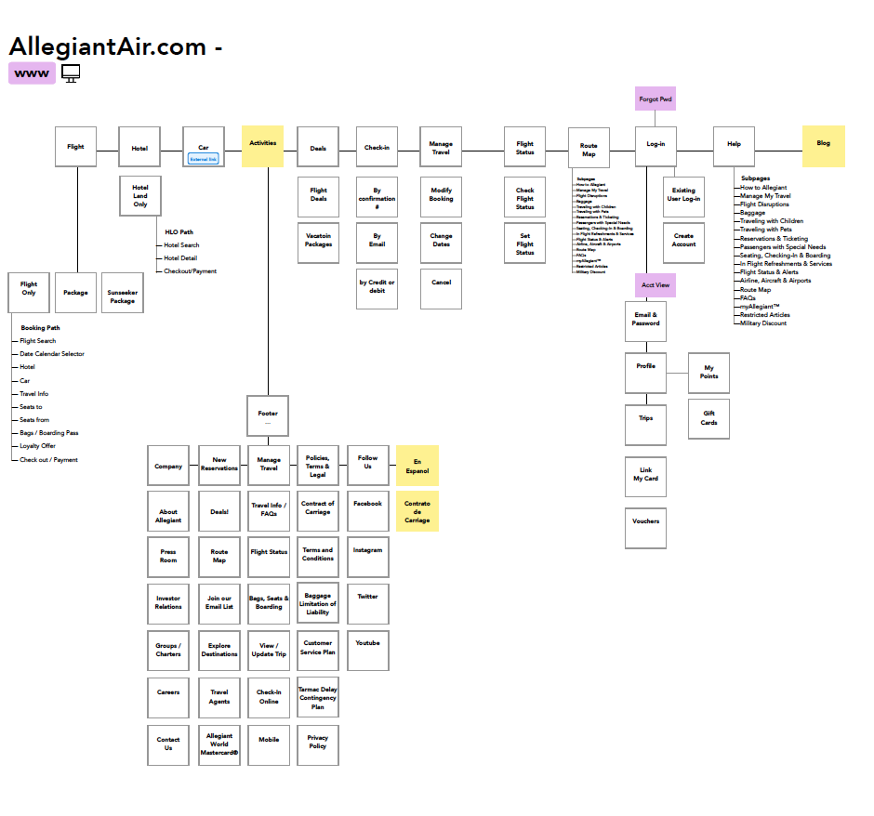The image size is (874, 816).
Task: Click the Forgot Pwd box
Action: (655, 99)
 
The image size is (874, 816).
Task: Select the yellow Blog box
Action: (823, 145)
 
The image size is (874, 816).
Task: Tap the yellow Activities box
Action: (263, 145)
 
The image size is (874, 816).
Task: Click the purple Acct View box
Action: (655, 285)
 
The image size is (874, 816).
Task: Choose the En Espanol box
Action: (417, 466)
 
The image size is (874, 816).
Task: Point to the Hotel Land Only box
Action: (139, 195)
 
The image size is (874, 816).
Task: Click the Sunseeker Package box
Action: (123, 296)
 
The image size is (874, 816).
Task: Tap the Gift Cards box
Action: (708, 418)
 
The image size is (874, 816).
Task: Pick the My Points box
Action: (708, 373)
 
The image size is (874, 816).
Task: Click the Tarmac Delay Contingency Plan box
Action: (318, 698)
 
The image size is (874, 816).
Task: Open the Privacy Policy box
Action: (318, 743)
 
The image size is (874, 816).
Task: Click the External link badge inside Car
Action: (204, 159)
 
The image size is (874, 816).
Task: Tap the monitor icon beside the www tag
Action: (71, 73)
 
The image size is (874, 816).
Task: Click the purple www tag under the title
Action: (32, 73)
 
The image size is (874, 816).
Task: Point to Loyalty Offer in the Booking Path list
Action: (37, 446)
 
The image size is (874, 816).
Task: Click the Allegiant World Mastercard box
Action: (219, 744)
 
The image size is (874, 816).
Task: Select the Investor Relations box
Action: (168, 603)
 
